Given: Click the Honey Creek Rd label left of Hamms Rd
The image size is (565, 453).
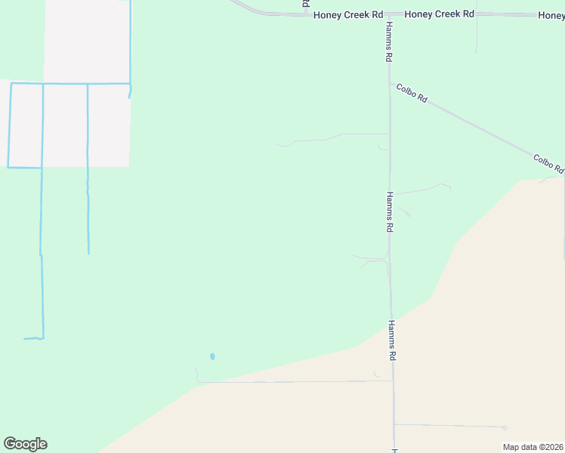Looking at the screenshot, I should click(348, 14).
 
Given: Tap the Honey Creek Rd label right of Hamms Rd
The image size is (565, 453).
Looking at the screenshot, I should click(439, 14).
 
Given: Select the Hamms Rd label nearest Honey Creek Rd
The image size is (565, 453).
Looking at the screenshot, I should click(388, 42).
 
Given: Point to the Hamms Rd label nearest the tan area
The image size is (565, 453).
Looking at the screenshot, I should click(392, 340).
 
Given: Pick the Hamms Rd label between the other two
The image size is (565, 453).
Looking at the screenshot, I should click(390, 211).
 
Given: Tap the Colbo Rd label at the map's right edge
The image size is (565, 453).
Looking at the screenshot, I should click(548, 163).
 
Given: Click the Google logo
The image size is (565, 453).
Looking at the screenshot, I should click(25, 444).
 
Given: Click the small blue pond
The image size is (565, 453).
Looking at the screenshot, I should click(212, 356).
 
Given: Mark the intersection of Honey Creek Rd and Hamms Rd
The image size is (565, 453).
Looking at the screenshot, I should click(388, 14).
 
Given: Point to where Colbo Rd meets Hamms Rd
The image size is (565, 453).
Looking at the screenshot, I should click(390, 82).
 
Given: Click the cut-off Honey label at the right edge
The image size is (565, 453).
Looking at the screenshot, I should click(551, 15).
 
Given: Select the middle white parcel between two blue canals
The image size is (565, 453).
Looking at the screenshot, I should click(65, 125).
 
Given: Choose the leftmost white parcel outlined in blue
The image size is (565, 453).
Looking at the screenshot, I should click(25, 125).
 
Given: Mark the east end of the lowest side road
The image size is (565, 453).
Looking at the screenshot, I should click(505, 427).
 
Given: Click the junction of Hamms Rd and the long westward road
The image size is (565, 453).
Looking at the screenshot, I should click(392, 381).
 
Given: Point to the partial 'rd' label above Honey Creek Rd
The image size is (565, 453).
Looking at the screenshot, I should click(306, 5).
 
